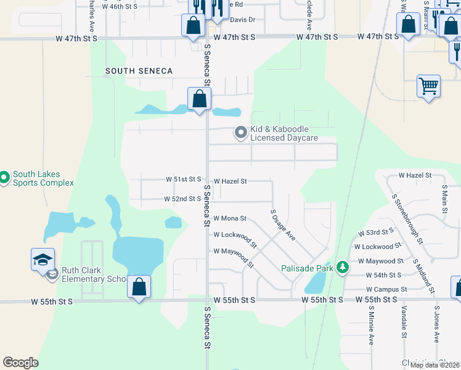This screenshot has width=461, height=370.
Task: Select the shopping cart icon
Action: (428, 86)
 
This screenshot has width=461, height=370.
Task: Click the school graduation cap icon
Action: (43, 260)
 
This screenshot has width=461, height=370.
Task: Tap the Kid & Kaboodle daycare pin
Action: (240, 132)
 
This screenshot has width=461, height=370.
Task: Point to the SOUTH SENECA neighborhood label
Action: (139, 71)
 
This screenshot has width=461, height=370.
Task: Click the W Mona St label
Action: (230, 218)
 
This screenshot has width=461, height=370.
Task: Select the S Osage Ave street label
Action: (284, 224)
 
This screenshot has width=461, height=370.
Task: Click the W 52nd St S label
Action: (183, 199)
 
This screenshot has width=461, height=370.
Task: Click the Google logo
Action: (20, 363)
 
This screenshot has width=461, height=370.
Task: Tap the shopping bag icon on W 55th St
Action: (139, 287)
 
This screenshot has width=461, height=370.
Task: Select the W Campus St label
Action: (386, 289)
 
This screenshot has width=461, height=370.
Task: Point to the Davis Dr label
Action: (243, 20)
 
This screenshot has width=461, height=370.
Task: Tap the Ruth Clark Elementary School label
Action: (94, 274)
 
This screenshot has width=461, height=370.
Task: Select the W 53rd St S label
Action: (375, 232)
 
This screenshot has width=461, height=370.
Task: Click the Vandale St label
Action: (404, 322)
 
